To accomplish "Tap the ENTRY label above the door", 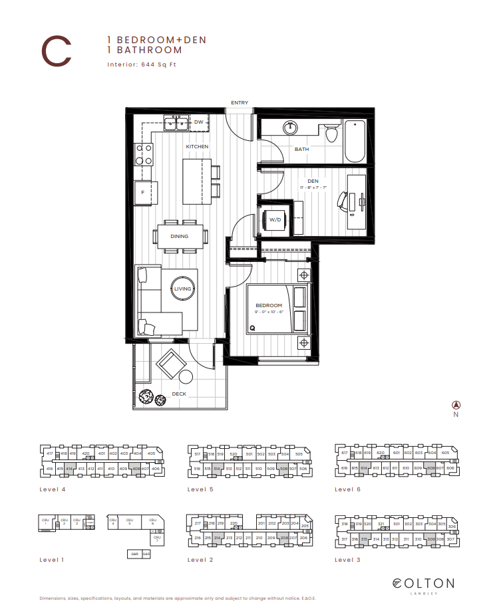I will coord(240,102).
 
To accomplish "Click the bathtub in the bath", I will coord(355,140).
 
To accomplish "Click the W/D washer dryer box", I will coord(274,219).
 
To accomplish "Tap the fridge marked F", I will coord(143,192).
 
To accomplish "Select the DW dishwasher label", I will coord(198,122).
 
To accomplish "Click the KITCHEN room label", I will coord(197,146).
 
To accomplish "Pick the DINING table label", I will coord(179,236).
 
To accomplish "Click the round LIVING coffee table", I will coord(182,289).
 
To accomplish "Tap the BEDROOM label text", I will coord(269,305).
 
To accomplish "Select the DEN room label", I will coord(313,181).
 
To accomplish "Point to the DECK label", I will coord(179,394).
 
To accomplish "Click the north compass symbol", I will coord(456,405).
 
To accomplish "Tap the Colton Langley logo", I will coord(423,584).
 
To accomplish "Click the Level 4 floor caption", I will coord(52,489).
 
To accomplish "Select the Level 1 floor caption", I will coord(52,560).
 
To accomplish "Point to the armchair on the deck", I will coord(172,364).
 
